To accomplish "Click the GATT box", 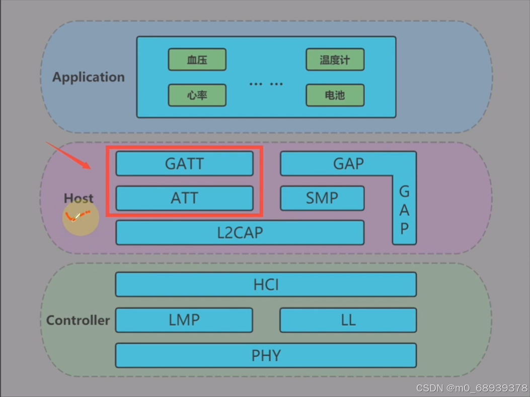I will coord(184,164).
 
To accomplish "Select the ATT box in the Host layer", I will coord(184,198).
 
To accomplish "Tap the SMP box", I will coord(322,198).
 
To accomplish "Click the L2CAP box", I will coord(240,233).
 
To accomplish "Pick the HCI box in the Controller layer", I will coord(266,285).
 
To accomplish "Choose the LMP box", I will coord(184,320).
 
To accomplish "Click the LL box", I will coord(348,320).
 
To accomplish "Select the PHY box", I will coord(266,355).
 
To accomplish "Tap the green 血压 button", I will coord(197,60).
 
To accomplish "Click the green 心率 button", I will coord(197,95).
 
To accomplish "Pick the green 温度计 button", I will coord(335,60).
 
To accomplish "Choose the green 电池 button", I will coord(335,95).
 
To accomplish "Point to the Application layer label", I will coord(89,77).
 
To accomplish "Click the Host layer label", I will coord(79,198).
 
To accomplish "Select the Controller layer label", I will coord(78,320).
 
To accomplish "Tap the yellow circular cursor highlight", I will coord(81,218).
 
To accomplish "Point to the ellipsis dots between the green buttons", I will coord(266,84).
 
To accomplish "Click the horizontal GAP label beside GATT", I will coord(348,164).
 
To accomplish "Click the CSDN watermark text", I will coord(472,388).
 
